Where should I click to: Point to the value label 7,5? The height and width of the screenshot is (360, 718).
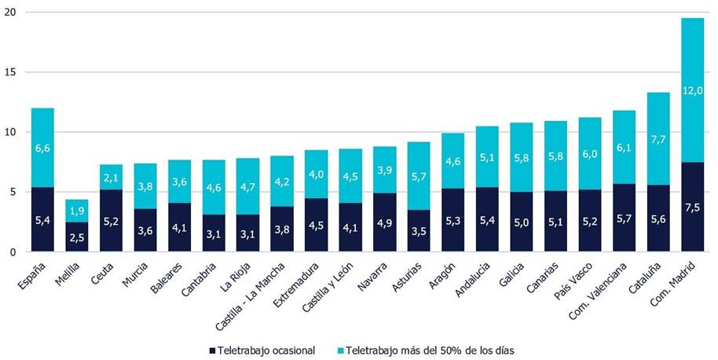coord(692,208)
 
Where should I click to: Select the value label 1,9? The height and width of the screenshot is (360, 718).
coord(76,210)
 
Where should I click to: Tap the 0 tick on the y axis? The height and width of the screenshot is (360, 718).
coord(11,252)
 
